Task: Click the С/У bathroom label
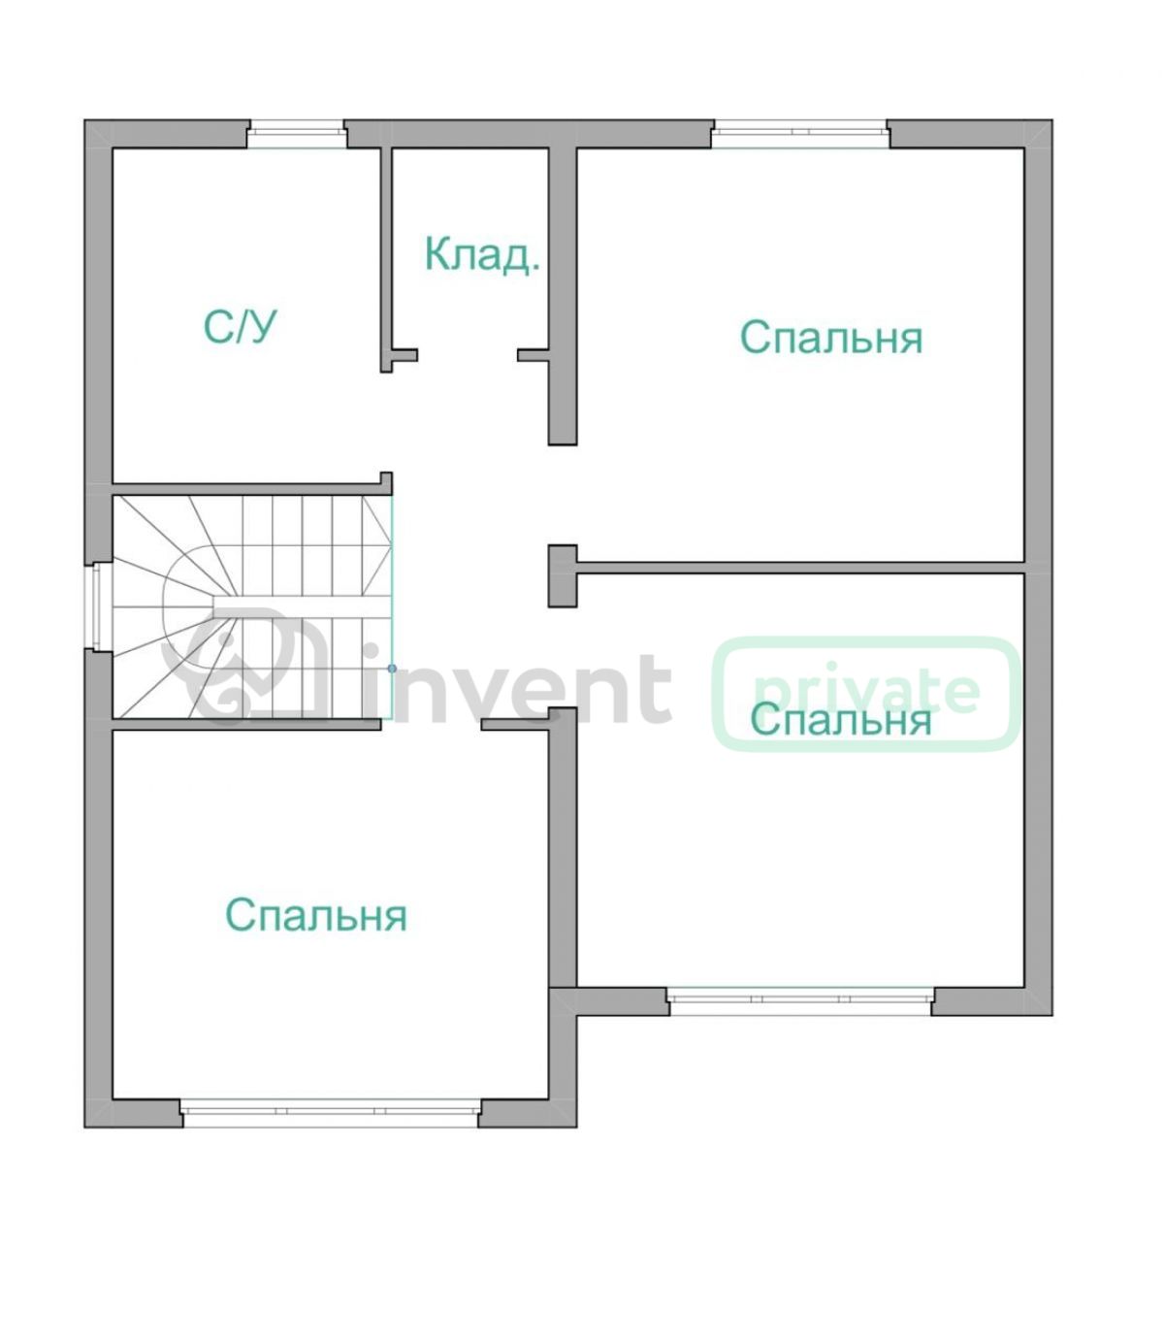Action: (x=240, y=327)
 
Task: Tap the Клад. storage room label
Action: (x=482, y=254)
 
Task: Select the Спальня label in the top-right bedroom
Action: (x=831, y=337)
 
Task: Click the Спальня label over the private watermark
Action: (x=841, y=720)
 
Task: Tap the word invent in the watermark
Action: (x=518, y=687)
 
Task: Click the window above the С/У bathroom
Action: (x=297, y=135)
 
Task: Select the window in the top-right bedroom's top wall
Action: (x=800, y=135)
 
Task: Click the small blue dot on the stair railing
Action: (x=392, y=669)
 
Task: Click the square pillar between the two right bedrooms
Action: (x=563, y=575)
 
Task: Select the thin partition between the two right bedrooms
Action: (x=800, y=568)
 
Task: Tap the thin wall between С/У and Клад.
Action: (x=386, y=260)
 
